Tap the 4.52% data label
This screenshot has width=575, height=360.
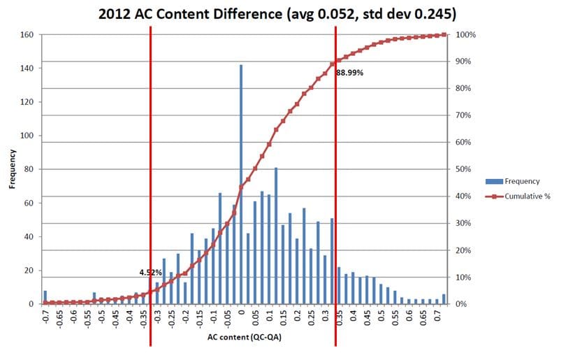(150, 271)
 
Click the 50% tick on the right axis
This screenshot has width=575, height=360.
(462, 169)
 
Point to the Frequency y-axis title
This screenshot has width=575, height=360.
(12, 169)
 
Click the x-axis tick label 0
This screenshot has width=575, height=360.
(241, 312)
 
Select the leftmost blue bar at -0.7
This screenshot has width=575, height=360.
(45, 297)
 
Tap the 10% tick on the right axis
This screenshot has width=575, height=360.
(462, 278)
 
